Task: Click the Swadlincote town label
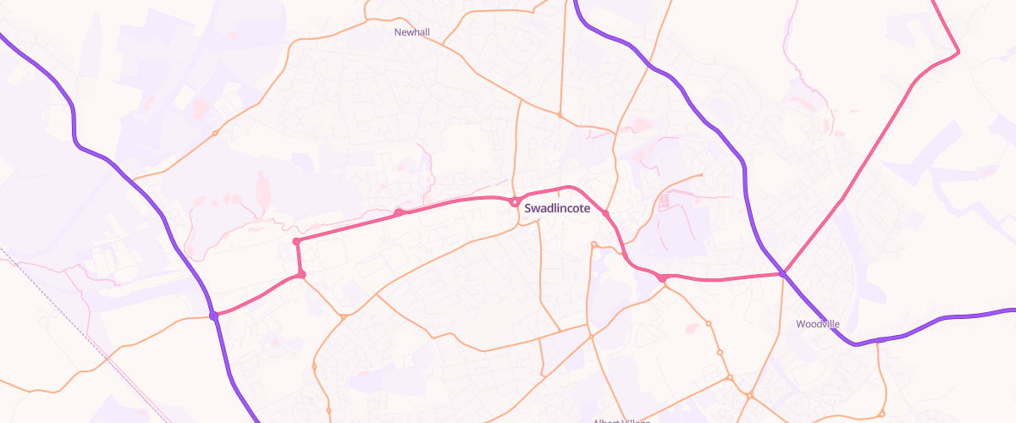pyautogui.click(x=557, y=207)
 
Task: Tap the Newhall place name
pyautogui.click(x=411, y=32)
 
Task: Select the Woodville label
pyautogui.click(x=816, y=324)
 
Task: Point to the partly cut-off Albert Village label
pyautogui.click(x=621, y=420)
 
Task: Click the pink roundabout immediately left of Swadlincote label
pyautogui.click(x=514, y=201)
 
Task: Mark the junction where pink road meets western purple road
pyautogui.click(x=214, y=316)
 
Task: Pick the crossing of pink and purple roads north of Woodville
pyautogui.click(x=784, y=273)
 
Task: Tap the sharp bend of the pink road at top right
pyautogui.click(x=958, y=52)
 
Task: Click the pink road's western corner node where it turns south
pyautogui.click(x=296, y=242)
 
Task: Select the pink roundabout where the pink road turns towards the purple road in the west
pyautogui.click(x=301, y=274)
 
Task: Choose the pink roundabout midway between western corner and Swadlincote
pyautogui.click(x=398, y=212)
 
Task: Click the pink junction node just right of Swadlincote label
pyautogui.click(x=606, y=213)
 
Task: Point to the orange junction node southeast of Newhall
pyautogui.click(x=560, y=114)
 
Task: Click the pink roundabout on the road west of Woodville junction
pyautogui.click(x=660, y=277)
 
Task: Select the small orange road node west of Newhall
pyautogui.click(x=215, y=133)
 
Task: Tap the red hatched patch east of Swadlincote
pyautogui.click(x=664, y=201)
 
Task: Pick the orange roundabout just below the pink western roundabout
pyautogui.click(x=343, y=317)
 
